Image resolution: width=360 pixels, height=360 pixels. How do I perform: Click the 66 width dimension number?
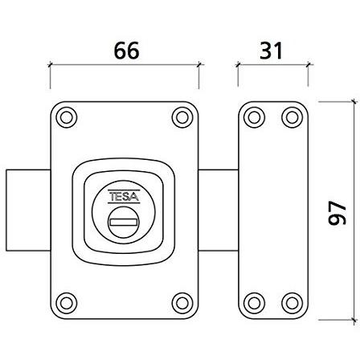tap(126, 51)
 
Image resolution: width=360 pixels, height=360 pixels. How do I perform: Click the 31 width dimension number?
tap(271, 51)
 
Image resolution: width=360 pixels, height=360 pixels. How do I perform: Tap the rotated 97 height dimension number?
tap(337, 213)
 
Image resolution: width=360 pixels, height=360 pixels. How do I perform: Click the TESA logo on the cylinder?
tap(124, 197)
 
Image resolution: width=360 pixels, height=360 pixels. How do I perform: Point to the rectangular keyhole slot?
tap(124, 222)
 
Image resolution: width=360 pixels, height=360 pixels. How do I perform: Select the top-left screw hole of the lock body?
tap(67, 117)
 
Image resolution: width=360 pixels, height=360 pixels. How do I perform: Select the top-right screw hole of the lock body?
tap(182, 117)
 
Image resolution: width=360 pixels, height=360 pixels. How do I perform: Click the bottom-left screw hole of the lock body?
tap(67, 303)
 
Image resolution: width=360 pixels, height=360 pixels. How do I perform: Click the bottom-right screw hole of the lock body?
tap(182, 303)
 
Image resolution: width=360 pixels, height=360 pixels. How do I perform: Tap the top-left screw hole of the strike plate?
tap(254, 117)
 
